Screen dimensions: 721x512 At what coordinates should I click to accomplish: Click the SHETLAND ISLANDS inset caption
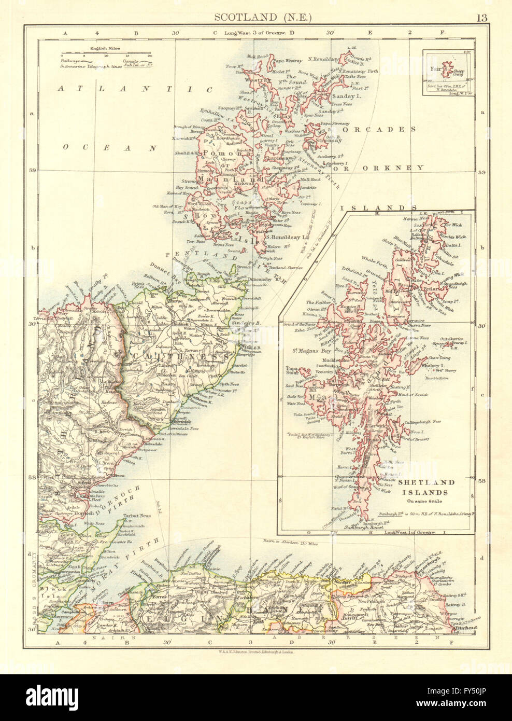[x=426, y=488]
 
